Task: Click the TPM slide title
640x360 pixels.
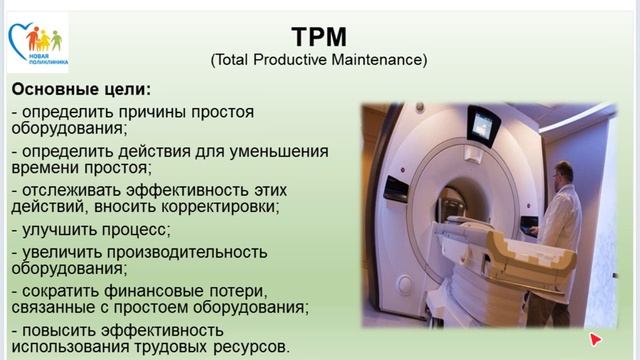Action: (x=318, y=37)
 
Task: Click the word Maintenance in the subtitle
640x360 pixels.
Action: (x=376, y=61)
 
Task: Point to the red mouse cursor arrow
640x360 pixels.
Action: (x=596, y=339)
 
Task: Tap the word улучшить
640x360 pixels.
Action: (x=59, y=229)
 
